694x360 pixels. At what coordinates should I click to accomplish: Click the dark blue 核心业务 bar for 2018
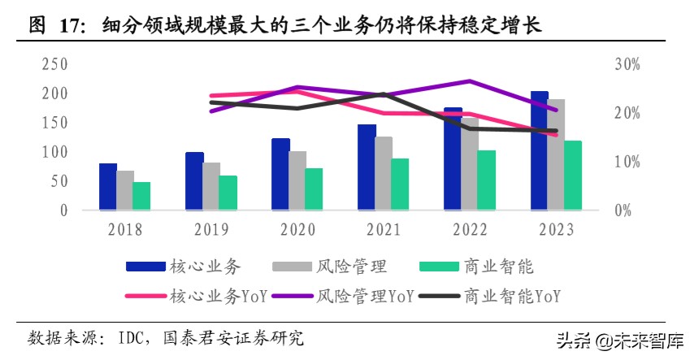107,187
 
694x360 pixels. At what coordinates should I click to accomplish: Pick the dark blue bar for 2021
367,167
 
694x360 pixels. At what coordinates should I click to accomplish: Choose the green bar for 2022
487,180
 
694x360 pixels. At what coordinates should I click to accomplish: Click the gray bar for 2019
211,186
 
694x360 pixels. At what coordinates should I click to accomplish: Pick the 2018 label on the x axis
124,230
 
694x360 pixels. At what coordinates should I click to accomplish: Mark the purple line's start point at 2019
211,111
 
